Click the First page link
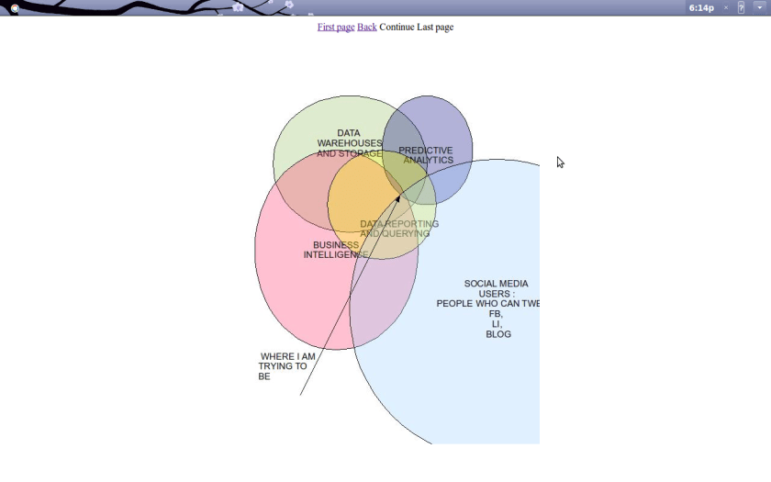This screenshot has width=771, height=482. pos(336,28)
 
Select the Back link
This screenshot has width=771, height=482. pos(367,28)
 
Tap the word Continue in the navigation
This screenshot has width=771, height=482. pos(397,28)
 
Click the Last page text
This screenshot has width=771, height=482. pos(435,28)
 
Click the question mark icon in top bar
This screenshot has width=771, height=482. pos(742,7)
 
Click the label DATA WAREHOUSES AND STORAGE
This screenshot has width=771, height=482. pos(349,143)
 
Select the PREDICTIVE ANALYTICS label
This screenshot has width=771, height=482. pos(427,155)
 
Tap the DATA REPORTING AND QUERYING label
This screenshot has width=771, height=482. pos(398,229)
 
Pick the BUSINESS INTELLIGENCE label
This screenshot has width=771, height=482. pos(335,250)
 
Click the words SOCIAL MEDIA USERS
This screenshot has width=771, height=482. pos(496,289)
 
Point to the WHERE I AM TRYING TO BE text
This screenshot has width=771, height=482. pos(284,366)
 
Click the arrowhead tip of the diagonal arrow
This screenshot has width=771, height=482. pos(399,195)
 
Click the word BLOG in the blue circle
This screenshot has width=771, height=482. pos(498,334)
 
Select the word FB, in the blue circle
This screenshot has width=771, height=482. pos(496,314)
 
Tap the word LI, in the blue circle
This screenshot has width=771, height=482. pos(497,324)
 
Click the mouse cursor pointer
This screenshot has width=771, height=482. pos(560,163)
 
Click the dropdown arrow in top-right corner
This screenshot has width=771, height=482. pos(760,7)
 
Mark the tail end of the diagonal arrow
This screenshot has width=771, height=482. pos(300,396)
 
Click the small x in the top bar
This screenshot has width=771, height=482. pos(726,7)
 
